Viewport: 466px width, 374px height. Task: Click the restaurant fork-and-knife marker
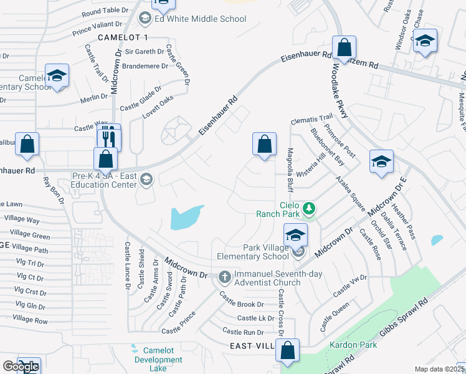(x=108, y=136)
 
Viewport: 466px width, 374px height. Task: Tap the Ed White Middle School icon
(x=145, y=19)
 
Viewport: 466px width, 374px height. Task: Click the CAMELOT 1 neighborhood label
(x=123, y=38)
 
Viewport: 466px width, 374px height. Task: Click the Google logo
(x=20, y=367)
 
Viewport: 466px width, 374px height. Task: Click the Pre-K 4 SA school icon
(x=146, y=180)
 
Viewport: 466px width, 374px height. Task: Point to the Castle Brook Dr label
(x=242, y=304)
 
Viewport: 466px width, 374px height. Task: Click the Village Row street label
(x=30, y=320)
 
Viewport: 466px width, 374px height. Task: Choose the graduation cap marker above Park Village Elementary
(x=296, y=235)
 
